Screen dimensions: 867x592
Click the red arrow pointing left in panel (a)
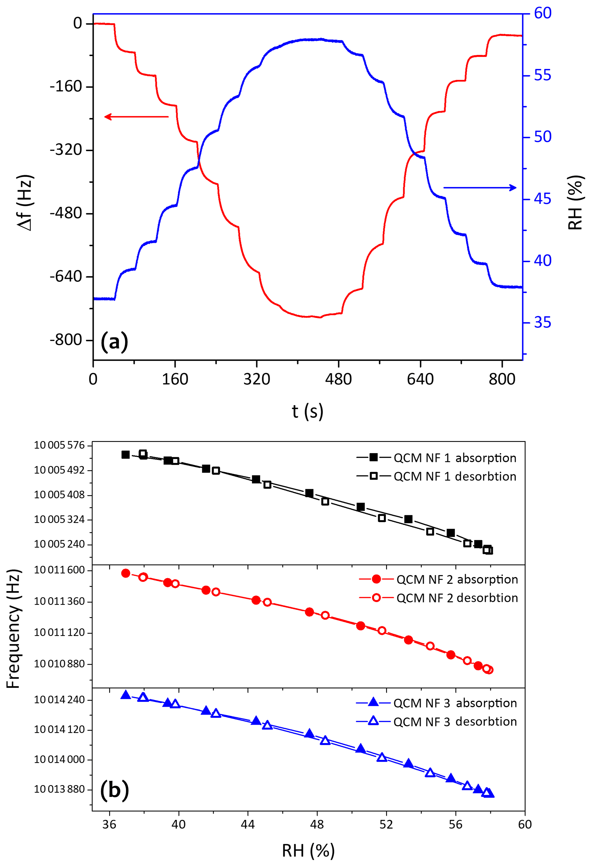coord(136,117)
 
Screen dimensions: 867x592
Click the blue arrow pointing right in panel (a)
coord(480,188)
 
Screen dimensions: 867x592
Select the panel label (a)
coord(114,341)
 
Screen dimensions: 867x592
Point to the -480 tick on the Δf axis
coord(66,214)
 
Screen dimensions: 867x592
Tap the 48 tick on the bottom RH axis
coord(317,824)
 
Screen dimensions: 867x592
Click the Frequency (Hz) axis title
coord(13,629)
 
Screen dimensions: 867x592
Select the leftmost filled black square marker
coord(126,454)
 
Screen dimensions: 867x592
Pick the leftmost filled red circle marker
coord(126,573)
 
